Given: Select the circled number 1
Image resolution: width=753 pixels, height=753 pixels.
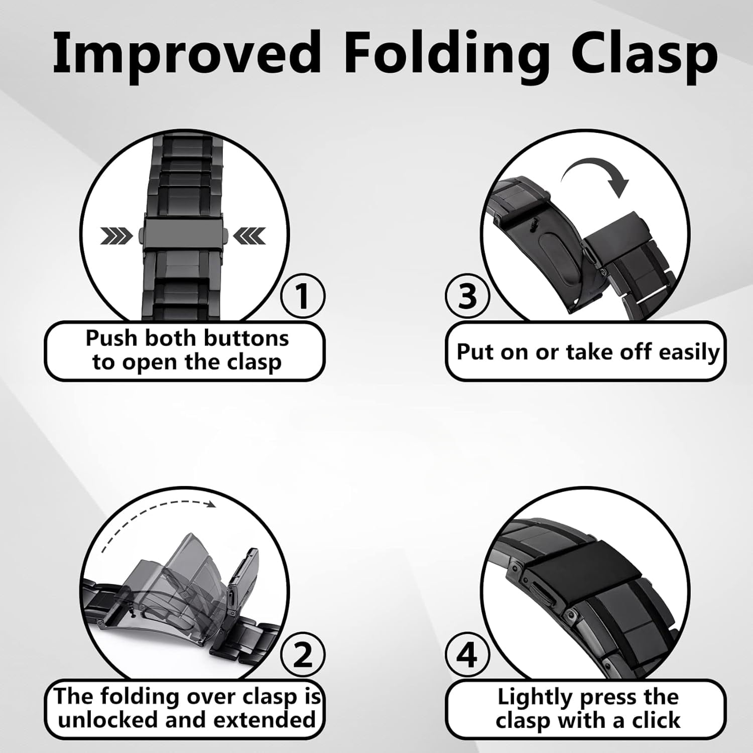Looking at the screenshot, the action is (x=302, y=296).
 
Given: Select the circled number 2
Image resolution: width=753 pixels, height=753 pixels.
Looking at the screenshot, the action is (x=303, y=654).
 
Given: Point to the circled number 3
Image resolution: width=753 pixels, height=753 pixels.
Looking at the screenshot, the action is (x=467, y=296).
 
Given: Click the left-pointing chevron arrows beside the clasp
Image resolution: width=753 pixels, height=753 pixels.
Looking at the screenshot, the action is (x=249, y=235).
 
